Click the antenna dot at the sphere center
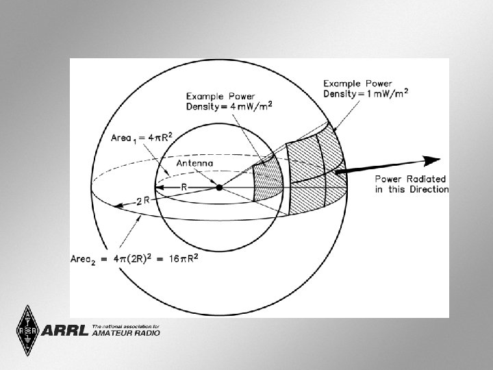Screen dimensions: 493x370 coord(219,187)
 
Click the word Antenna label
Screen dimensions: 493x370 coord(195,164)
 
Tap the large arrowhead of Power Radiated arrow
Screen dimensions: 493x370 coord(431,160)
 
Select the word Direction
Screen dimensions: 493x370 coord(428,189)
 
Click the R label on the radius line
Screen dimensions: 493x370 coord(185,186)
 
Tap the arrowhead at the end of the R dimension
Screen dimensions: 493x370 coord(157,187)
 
